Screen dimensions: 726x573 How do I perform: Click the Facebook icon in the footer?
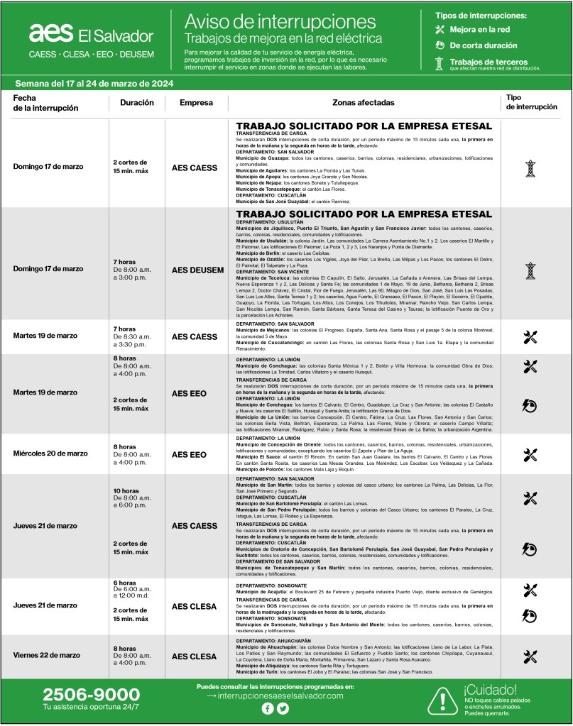pos(267,708)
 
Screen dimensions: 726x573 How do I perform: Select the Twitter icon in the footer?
pos(283,708)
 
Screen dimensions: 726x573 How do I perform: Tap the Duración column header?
pos(137,102)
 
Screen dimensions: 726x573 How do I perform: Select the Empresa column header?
pos(196,102)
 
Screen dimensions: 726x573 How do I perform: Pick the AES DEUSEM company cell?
pos(197,270)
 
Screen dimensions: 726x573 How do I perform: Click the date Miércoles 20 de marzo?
pos(50,453)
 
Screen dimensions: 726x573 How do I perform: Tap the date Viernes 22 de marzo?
pos(46,655)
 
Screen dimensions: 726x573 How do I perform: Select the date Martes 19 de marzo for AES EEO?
pos(45,392)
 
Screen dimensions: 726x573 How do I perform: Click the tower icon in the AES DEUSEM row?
pos(530,270)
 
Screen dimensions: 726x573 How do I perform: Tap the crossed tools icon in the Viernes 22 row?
pos(530,656)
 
